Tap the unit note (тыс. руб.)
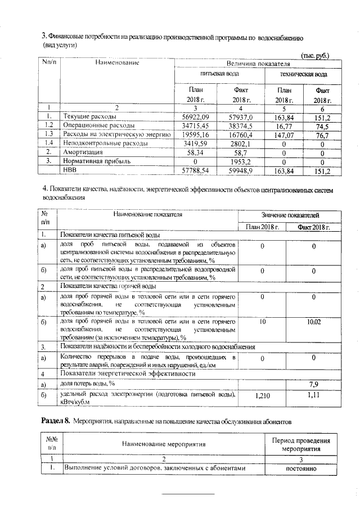(315, 55)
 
